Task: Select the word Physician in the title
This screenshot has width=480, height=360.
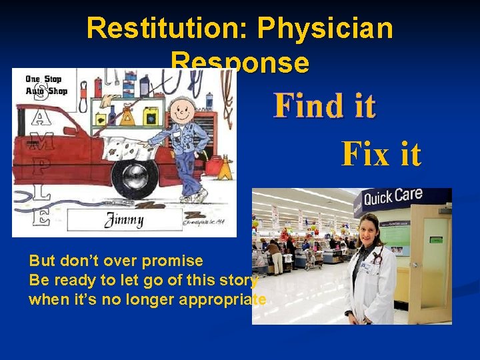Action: (x=325, y=28)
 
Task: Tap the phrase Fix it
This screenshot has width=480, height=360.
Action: (x=381, y=154)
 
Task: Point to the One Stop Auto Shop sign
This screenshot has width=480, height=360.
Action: (x=45, y=85)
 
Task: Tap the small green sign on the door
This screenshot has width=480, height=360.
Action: (x=437, y=239)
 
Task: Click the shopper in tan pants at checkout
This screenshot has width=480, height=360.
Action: (x=274, y=256)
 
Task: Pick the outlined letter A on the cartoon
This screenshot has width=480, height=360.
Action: (x=41, y=118)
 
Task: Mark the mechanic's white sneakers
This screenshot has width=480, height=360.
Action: (x=193, y=197)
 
